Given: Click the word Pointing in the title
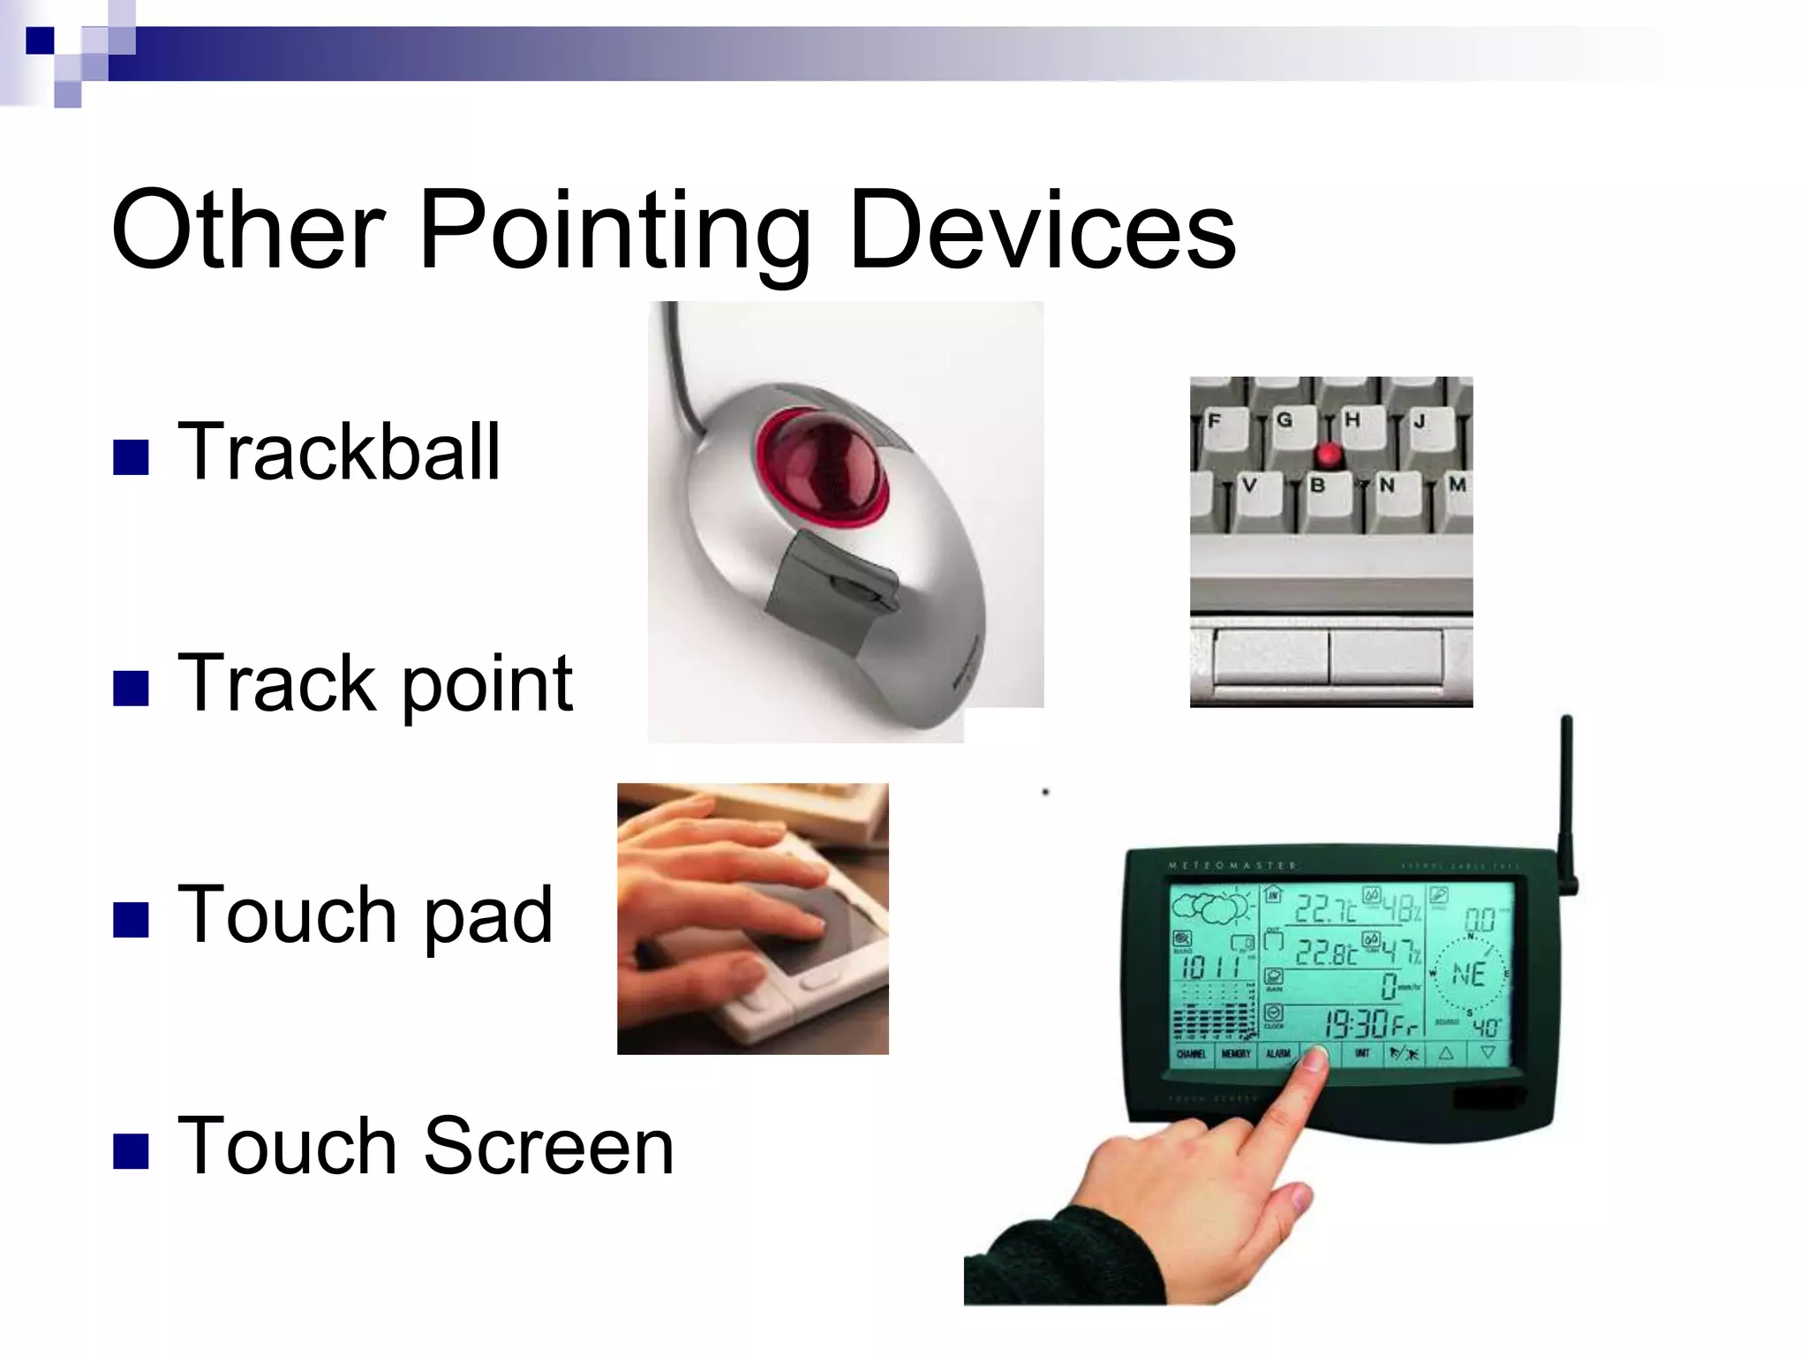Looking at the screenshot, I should tap(614, 231).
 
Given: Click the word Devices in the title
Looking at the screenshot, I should tap(1042, 231).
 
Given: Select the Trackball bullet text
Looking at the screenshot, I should tap(339, 452).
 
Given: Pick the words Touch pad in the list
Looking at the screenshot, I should tap(365, 915).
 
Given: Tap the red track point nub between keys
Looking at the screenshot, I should tap(1328, 456).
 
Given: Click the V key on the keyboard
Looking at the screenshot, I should tap(1249, 486).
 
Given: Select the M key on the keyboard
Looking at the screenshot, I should tap(1457, 485).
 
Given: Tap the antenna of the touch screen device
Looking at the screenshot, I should tap(1567, 795).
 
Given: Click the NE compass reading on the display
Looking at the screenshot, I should tap(1468, 975).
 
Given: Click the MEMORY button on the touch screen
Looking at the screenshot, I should tap(1235, 1054).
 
